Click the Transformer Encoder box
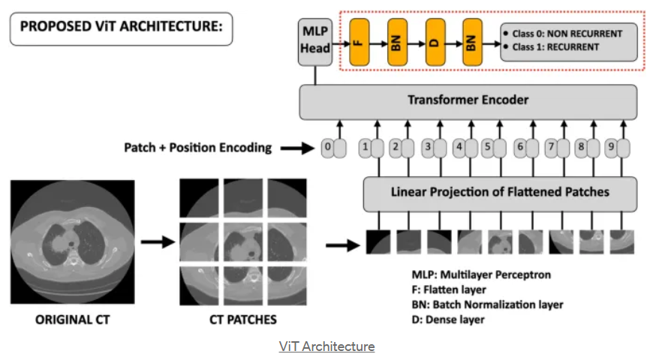[x=468, y=100]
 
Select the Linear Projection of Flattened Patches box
[x=500, y=193]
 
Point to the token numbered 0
[x=327, y=148]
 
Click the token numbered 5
[x=488, y=148]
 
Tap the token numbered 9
[x=611, y=148]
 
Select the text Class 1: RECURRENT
[x=555, y=47]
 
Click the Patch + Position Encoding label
[x=198, y=148]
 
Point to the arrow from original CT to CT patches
[x=156, y=242]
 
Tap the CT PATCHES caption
[x=242, y=319]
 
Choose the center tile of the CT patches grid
[x=242, y=243]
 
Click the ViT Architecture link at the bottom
[x=327, y=346]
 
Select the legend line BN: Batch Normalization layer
[x=488, y=304]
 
